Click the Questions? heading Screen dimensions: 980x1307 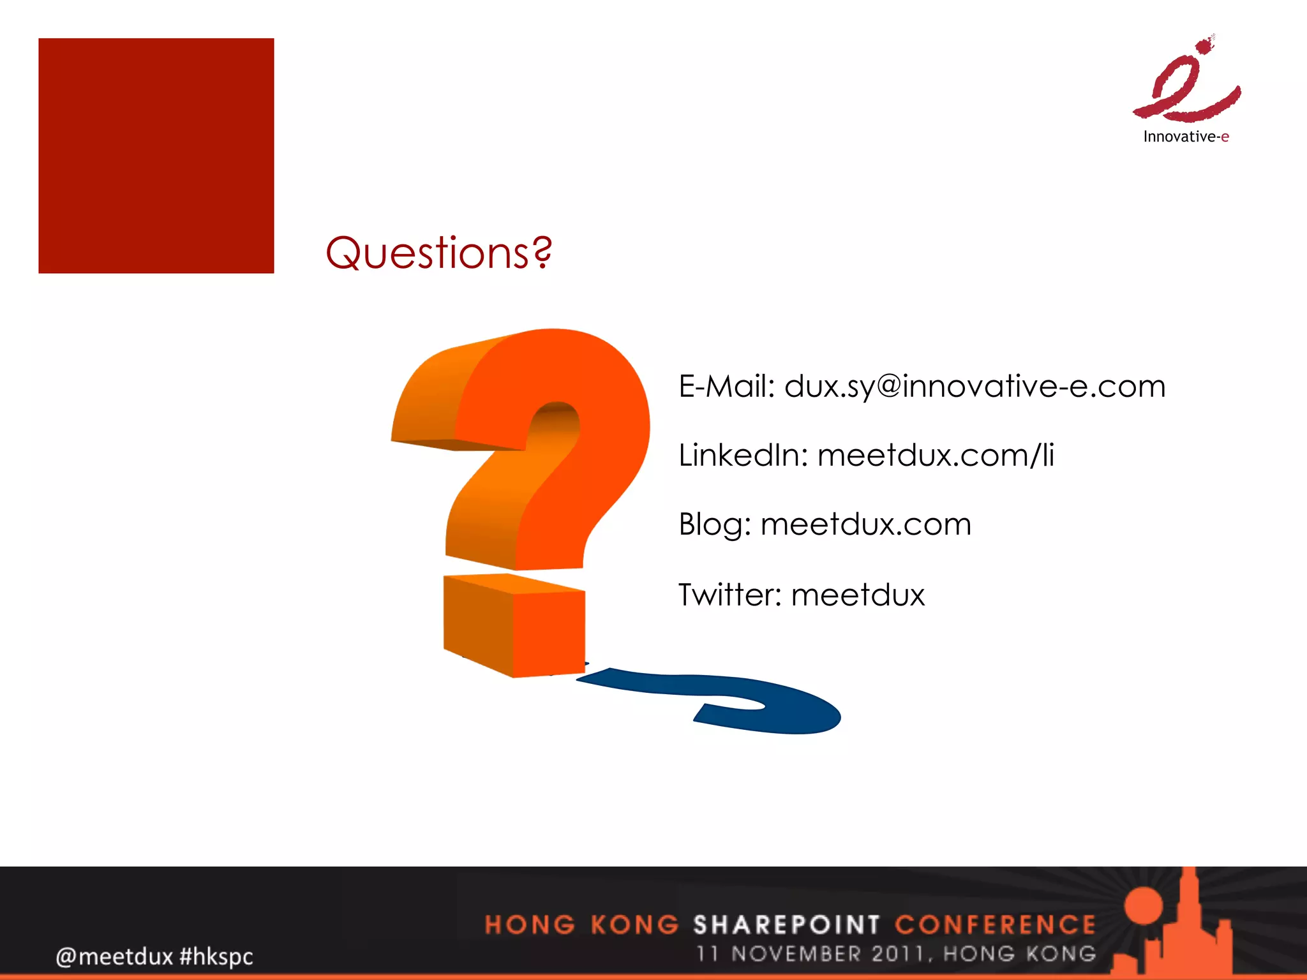438,253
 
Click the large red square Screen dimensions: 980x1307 156,156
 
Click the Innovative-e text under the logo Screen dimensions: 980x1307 1186,137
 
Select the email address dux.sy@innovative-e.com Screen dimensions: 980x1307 975,387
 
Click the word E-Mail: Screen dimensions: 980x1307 726,387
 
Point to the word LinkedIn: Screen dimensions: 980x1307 743,456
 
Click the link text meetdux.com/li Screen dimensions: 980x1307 936,456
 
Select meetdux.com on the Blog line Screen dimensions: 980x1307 866,524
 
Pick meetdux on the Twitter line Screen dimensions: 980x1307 858,595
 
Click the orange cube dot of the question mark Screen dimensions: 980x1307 514,625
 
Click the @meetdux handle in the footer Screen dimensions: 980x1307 114,956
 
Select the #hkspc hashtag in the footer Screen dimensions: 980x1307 216,956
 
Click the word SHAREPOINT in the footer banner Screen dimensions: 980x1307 786,924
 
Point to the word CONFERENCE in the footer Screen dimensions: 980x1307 995,924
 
